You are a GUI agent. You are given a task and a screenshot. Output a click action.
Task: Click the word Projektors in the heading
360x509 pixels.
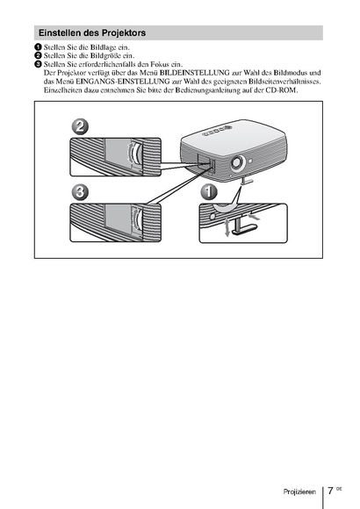124,33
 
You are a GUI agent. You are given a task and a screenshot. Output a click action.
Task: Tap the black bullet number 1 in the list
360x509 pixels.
39,47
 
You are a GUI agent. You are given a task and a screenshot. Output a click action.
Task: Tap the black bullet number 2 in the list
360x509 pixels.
39,55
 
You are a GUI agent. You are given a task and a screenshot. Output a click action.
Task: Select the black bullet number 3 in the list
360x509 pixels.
39,64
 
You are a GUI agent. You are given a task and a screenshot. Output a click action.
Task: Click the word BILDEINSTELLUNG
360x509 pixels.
194,73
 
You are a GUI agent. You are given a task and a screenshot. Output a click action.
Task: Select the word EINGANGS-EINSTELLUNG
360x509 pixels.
123,81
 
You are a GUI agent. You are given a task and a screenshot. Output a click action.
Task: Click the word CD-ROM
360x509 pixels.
281,90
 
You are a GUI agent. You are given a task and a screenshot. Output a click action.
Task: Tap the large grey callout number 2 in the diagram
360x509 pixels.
80,126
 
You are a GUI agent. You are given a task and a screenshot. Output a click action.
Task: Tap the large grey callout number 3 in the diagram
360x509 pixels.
80,192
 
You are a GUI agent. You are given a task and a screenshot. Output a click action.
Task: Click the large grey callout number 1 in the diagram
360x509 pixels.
209,192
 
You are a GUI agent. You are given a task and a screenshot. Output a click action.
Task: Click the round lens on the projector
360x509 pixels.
238,162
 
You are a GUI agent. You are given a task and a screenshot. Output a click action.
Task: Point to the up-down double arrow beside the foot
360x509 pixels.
227,226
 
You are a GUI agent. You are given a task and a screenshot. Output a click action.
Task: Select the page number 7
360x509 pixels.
330,491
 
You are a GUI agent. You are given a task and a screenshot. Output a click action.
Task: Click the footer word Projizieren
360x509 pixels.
299,491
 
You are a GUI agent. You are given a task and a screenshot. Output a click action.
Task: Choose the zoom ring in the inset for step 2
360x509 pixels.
136,154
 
